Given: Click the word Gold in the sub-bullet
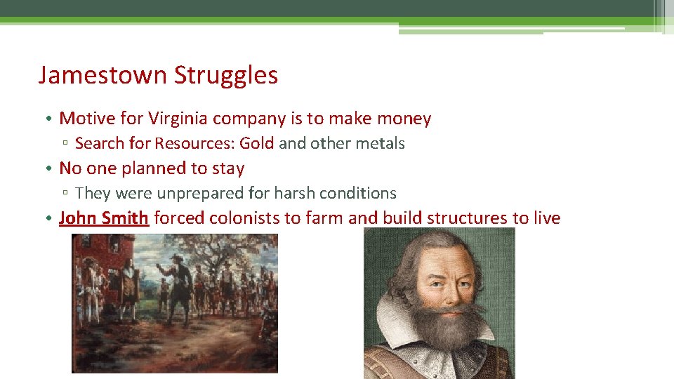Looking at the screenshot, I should [257, 143].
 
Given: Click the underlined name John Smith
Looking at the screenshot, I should [104, 218].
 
